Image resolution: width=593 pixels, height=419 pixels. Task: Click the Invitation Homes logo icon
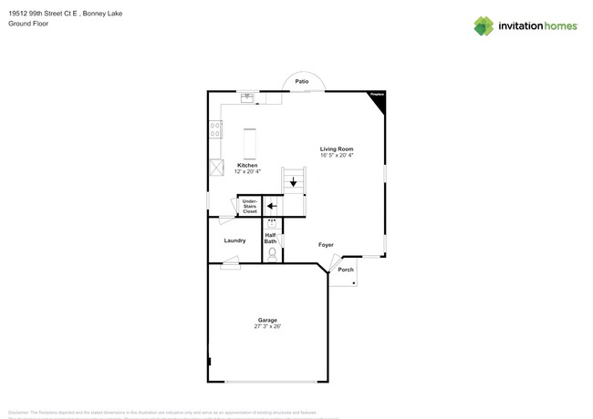tap(484, 26)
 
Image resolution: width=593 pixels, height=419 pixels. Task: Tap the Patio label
tap(301, 81)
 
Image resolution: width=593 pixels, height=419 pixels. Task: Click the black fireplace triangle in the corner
tap(379, 100)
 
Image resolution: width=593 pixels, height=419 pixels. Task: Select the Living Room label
tap(337, 148)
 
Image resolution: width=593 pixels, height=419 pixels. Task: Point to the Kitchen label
tap(247, 165)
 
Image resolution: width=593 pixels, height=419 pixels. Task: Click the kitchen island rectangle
tap(249, 144)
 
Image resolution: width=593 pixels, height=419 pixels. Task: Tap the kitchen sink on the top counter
tap(247, 97)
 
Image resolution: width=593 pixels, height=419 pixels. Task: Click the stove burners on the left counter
tap(215, 130)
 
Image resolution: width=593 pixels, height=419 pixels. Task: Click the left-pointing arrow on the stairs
tap(271, 206)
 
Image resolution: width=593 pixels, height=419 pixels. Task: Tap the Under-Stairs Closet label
tap(249, 206)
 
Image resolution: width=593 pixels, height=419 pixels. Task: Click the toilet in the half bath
tap(272, 252)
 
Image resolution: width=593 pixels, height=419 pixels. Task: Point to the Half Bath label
tap(271, 238)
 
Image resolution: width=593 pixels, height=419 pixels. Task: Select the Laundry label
tap(234, 240)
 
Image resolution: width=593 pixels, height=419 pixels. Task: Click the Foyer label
tap(326, 245)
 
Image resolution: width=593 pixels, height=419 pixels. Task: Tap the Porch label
tap(346, 270)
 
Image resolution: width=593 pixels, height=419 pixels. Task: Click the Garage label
tap(267, 320)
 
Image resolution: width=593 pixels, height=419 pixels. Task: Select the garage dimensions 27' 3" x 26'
tap(267, 326)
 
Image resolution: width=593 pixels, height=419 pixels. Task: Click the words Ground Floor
tap(28, 24)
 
